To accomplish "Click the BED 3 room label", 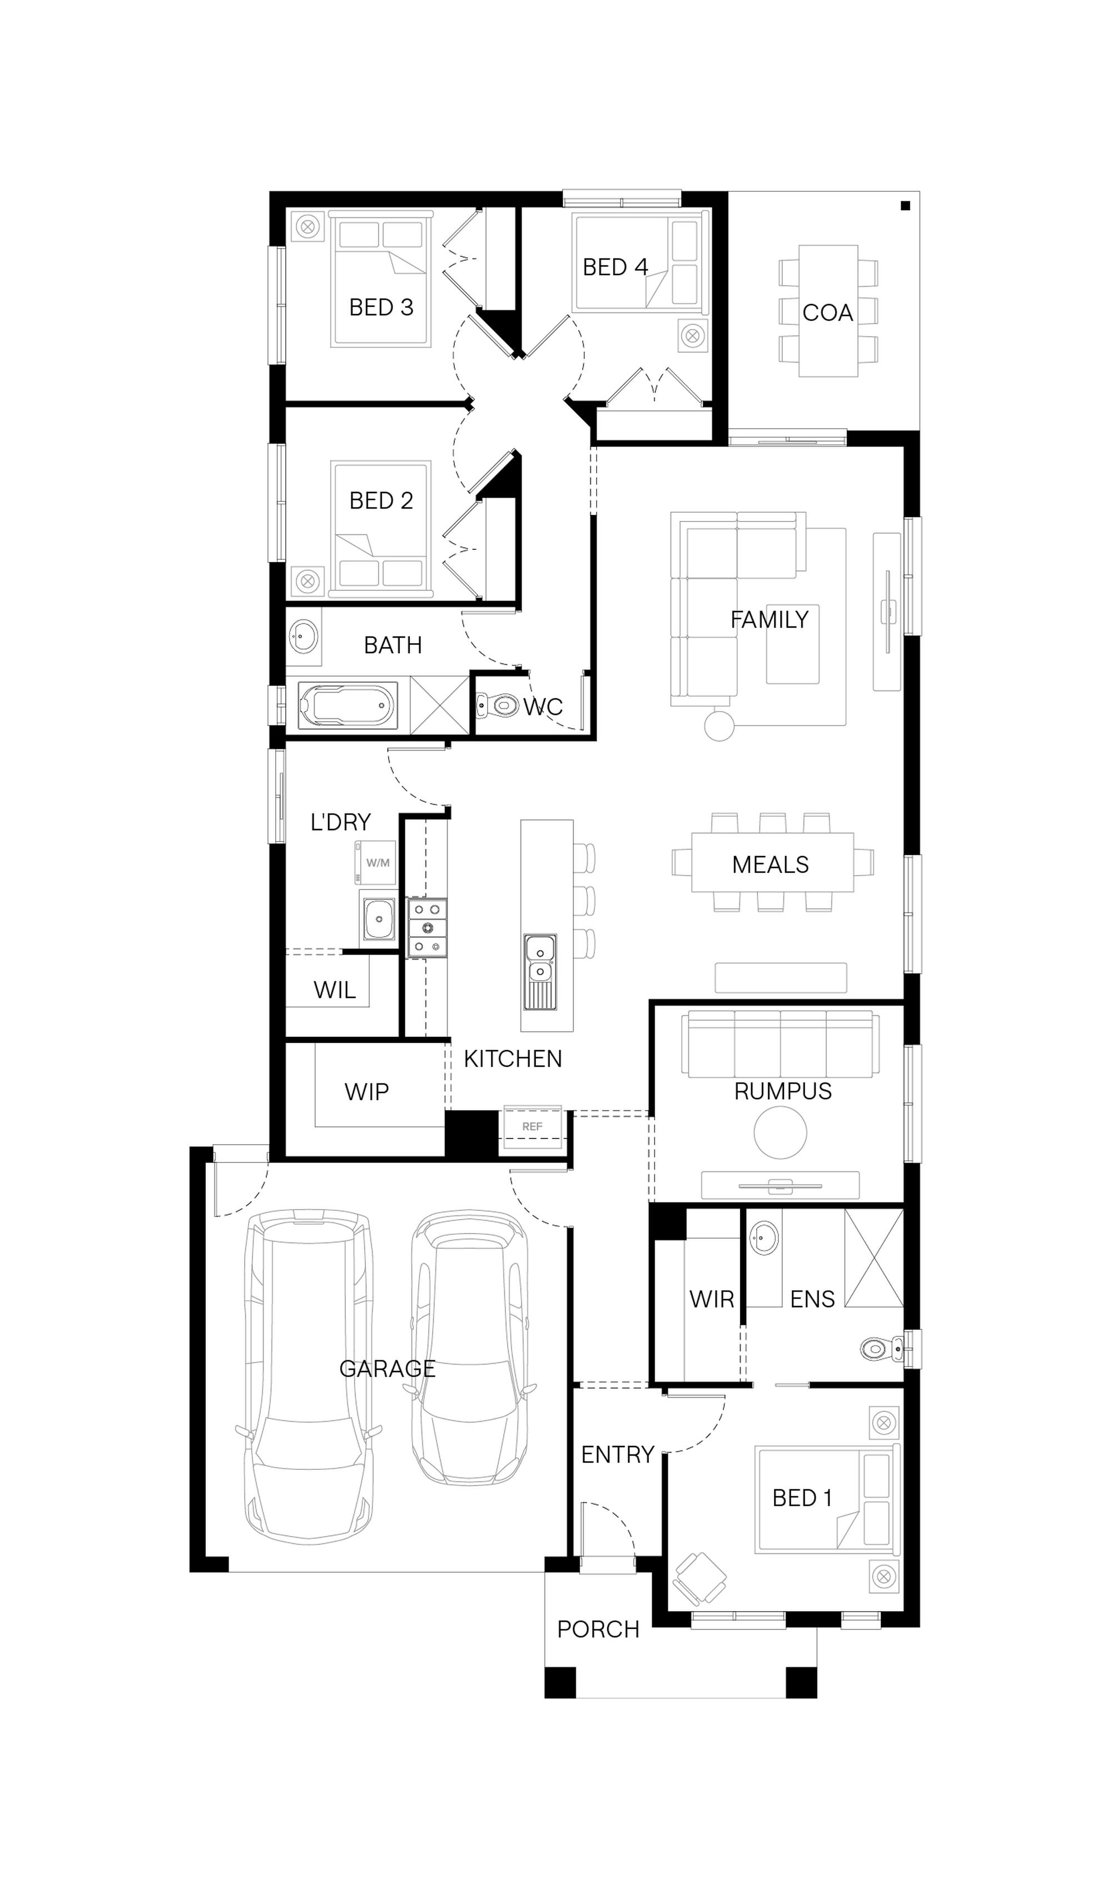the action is point(381,307).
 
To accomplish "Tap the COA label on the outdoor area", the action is point(828,312).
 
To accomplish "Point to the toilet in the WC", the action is point(498,705).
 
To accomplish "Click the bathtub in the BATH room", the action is point(348,705).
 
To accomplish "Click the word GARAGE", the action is point(388,1369).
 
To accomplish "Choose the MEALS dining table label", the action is point(770,864).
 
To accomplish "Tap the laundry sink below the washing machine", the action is point(379,918).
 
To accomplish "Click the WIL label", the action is point(334,991).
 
